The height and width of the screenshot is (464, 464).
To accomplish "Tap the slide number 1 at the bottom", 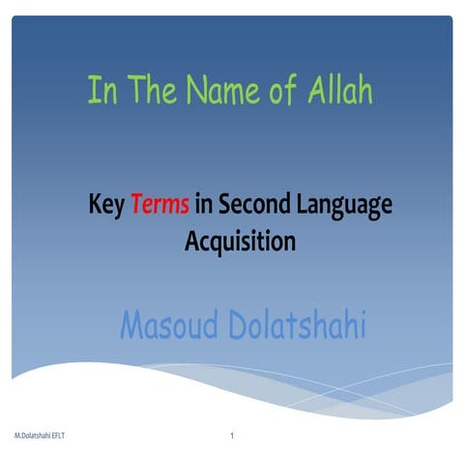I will point(233,438).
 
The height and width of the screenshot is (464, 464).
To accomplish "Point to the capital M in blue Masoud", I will point(132,325).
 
